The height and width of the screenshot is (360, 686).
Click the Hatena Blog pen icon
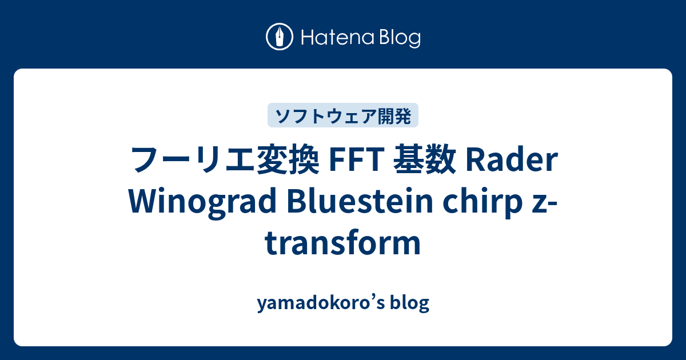[x=280, y=38]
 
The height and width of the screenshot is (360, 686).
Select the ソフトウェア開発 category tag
[x=343, y=116]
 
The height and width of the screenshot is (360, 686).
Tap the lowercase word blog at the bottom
[x=409, y=303]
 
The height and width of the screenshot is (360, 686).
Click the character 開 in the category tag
[x=386, y=116]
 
